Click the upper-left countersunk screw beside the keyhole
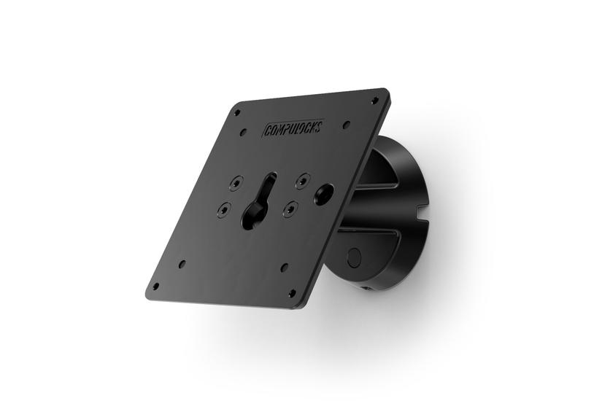click(x=235, y=182)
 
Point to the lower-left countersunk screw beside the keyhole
click(x=224, y=209)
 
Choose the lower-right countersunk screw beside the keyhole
click(x=291, y=209)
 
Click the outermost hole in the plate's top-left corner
click(x=236, y=113)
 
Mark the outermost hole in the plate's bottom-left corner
click(x=155, y=286)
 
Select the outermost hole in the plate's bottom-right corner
click(x=293, y=293)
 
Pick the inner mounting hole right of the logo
click(x=346, y=125)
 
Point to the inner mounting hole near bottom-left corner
click(x=182, y=263)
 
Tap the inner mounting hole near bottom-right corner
click(x=284, y=268)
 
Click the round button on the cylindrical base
click(x=355, y=257)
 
